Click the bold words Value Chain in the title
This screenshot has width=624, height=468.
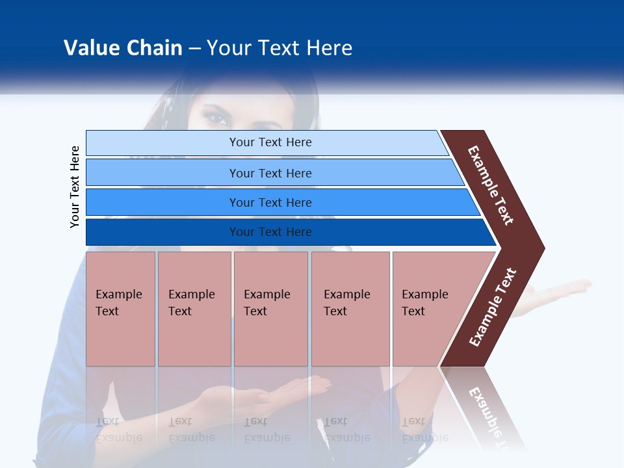click(x=123, y=48)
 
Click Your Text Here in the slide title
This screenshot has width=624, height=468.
click(x=279, y=48)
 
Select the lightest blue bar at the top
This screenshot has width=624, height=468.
click(x=270, y=142)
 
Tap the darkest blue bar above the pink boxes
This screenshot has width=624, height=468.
click(x=270, y=232)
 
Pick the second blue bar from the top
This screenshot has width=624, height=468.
click(x=270, y=173)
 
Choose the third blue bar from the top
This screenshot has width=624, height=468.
click(x=270, y=203)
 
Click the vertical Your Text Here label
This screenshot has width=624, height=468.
click(x=75, y=187)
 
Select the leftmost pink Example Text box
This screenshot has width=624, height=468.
click(x=120, y=308)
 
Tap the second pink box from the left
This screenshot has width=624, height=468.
click(x=194, y=308)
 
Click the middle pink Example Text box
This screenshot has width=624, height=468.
click(x=270, y=308)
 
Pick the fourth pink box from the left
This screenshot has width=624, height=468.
click(x=350, y=308)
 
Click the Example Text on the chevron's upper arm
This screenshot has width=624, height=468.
click(x=491, y=185)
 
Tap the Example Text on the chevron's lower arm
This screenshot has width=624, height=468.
click(x=493, y=307)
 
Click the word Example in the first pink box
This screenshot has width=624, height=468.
click(x=118, y=294)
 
